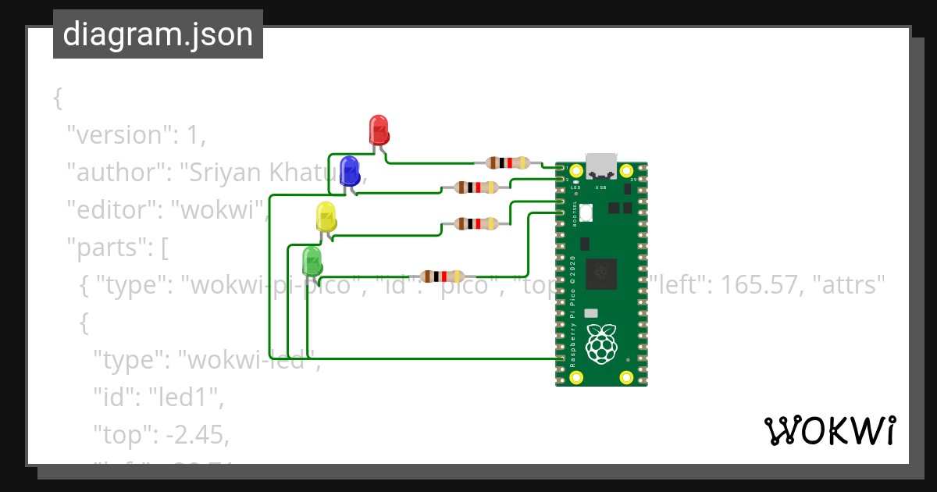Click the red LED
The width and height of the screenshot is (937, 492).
pyautogui.click(x=379, y=129)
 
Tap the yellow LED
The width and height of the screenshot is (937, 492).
pyautogui.click(x=326, y=216)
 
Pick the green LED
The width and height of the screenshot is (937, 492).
pyautogui.click(x=312, y=261)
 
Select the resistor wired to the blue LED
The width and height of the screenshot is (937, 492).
pyautogui.click(x=476, y=187)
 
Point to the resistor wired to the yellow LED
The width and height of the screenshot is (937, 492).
pyautogui.click(x=476, y=224)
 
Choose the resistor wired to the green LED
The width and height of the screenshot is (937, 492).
pyautogui.click(x=443, y=276)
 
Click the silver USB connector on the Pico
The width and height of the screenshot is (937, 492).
pyautogui.click(x=601, y=166)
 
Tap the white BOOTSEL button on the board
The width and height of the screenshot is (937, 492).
pyautogui.click(x=586, y=212)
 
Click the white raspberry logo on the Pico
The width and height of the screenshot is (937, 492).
pyautogui.click(x=600, y=345)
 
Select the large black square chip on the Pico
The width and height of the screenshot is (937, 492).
pyautogui.click(x=601, y=273)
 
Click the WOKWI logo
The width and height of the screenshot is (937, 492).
pyautogui.click(x=829, y=431)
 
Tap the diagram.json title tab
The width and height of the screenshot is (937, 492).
pyautogui.click(x=158, y=34)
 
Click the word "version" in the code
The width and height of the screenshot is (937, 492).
pyautogui.click(x=118, y=135)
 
